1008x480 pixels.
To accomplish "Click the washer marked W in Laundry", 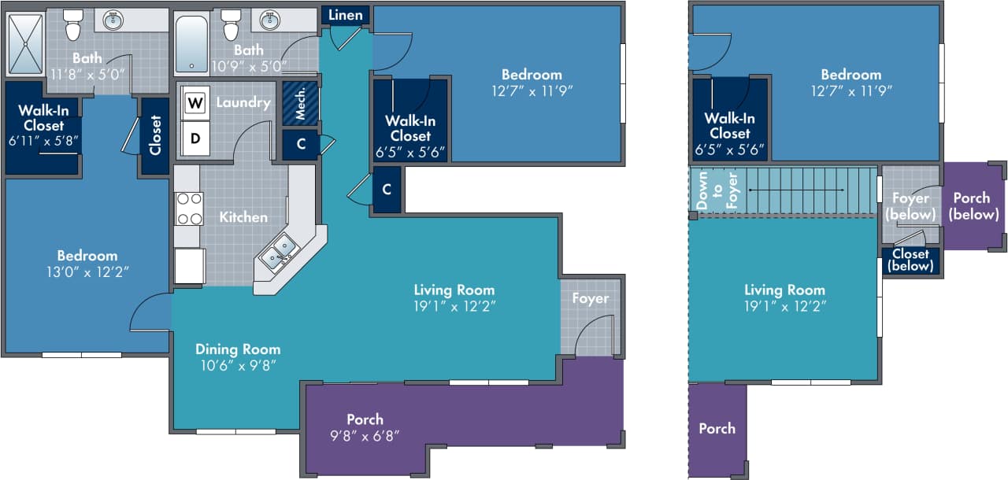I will coord(194,102).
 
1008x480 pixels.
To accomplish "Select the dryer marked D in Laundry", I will coord(194,139).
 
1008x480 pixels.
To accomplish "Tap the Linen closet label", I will coord(345,15).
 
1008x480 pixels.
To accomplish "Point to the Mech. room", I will coord(300,103).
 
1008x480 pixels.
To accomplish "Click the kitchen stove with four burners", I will coord(189,209).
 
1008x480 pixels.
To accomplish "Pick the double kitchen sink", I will coord(279,253).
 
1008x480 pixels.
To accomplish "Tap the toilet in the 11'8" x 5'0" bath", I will coord(73,25).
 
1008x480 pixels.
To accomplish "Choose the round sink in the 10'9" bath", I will coord(270,20).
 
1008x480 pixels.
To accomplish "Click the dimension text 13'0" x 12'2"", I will coord(87,271).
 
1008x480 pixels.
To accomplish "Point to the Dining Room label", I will coord(238,349).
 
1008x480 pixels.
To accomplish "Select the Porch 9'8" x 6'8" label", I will coord(365,427).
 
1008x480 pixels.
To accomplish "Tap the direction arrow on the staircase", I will coord(795,190).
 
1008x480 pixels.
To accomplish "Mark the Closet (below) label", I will coord(910,260).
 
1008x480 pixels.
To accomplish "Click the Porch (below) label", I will coord(974,206).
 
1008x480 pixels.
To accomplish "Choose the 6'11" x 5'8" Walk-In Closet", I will coord(43,126).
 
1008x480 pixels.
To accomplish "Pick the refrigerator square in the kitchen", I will coord(190,266).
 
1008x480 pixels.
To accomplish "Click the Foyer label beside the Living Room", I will coord(590,298).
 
